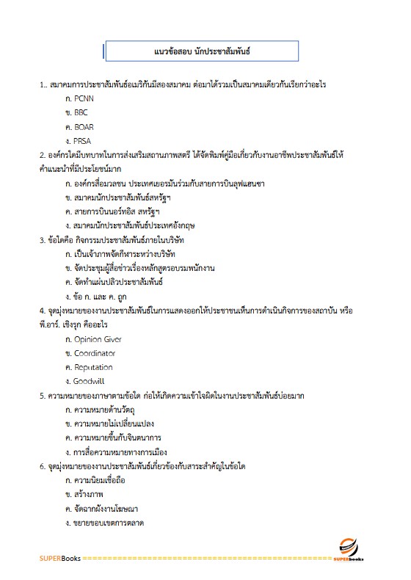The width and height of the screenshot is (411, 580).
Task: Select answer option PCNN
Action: coord(84,99)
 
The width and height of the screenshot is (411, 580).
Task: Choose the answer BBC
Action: coord(81,113)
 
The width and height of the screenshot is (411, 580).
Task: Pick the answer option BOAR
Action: coord(84,127)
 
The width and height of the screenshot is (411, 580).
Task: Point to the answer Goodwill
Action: coord(90,382)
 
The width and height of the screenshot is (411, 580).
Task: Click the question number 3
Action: coord(42,240)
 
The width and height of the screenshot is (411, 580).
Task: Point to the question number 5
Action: coord(42,396)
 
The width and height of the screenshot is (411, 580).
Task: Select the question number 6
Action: coord(42,466)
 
